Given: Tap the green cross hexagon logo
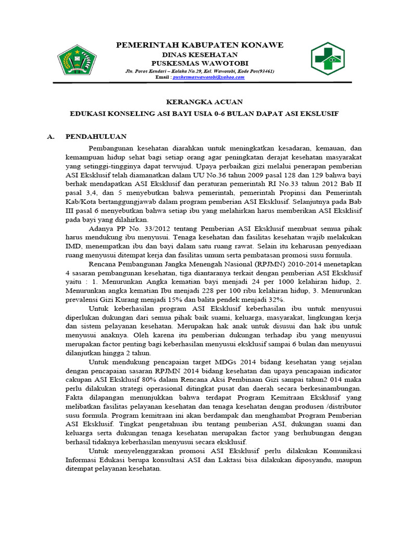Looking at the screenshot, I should coord(331,58).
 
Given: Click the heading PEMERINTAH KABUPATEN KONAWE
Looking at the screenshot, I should coord(199,46).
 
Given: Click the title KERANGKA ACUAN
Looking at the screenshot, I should coord(200,102).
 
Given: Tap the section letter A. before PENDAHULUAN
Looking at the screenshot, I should coord(51,137).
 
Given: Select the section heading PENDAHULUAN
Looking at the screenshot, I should coord(96,137).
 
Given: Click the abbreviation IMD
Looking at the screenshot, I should coord(73,246).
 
